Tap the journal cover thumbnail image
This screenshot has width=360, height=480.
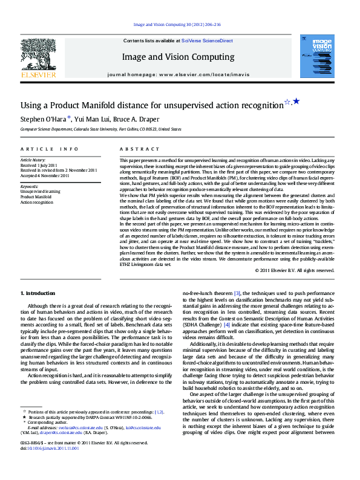tap(316, 56)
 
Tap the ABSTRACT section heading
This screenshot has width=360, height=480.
tap(135, 148)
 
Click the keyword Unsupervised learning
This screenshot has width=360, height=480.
tap(40, 192)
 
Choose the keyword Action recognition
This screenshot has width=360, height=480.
tap(38, 202)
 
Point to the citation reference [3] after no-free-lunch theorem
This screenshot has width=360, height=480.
tap(237, 293)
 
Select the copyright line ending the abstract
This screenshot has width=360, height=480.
tap(294, 270)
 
